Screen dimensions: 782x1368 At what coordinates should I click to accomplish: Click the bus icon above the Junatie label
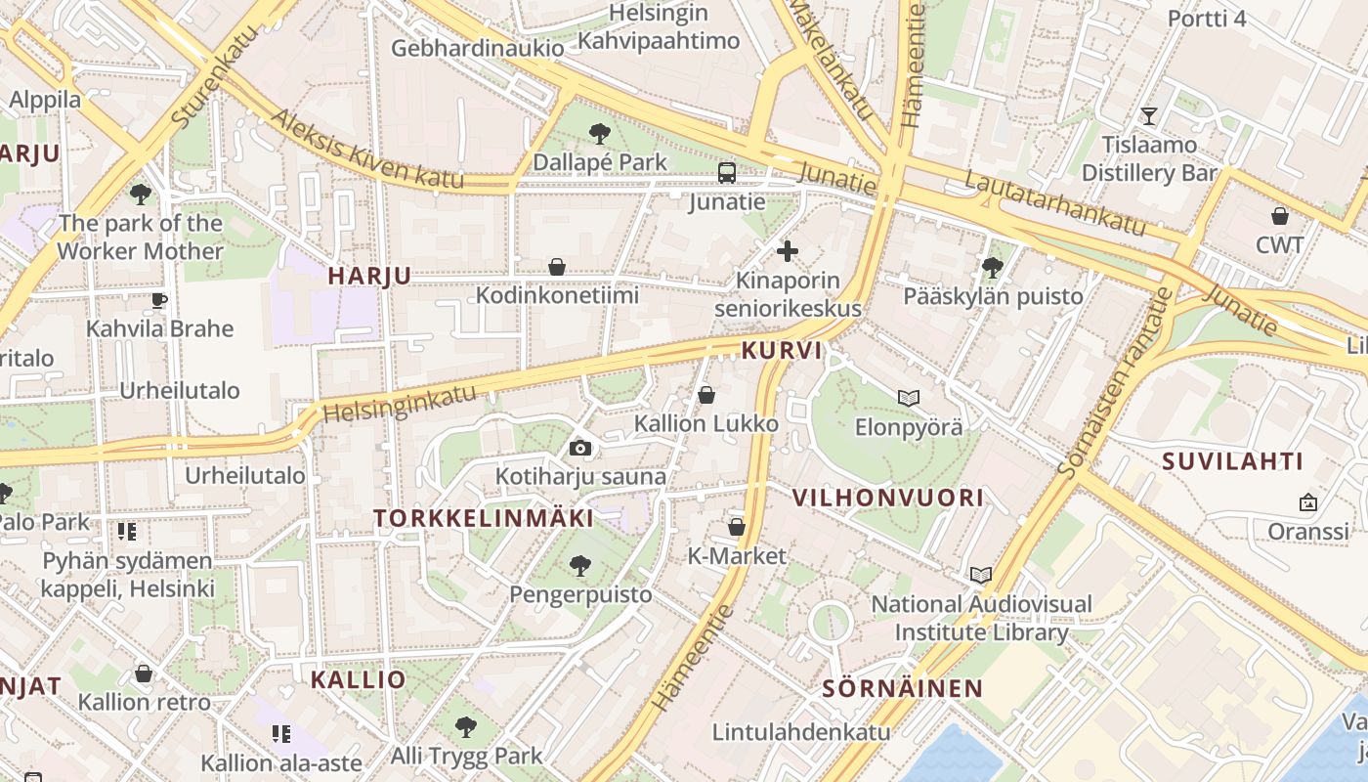pyautogui.click(x=727, y=173)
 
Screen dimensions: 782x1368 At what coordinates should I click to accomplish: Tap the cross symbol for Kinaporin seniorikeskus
pyautogui.click(x=787, y=251)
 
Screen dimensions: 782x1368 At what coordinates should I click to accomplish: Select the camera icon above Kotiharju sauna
pyautogui.click(x=580, y=448)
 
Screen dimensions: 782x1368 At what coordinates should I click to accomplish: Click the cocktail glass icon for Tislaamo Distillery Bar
pyautogui.click(x=1149, y=116)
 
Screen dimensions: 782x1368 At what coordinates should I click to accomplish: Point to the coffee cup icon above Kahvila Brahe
pyautogui.click(x=159, y=299)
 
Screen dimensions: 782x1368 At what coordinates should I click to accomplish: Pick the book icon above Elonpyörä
pyautogui.click(x=909, y=398)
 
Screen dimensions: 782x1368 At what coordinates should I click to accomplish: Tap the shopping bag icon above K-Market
pyautogui.click(x=737, y=527)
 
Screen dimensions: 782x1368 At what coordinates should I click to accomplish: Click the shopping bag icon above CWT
pyautogui.click(x=1280, y=215)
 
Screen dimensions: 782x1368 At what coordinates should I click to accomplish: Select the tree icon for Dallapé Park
pyautogui.click(x=600, y=133)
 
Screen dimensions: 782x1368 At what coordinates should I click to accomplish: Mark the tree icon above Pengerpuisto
pyautogui.click(x=580, y=565)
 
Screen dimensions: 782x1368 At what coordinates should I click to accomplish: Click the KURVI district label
pyautogui.click(x=782, y=350)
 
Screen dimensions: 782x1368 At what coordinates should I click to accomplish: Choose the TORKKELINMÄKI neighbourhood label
pyautogui.click(x=484, y=518)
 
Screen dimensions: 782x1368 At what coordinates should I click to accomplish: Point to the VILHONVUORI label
pyautogui.click(x=887, y=498)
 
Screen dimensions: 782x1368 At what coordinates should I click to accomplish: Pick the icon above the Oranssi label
pyautogui.click(x=1307, y=502)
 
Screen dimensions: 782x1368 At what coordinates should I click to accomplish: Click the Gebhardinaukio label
pyautogui.click(x=478, y=48)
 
